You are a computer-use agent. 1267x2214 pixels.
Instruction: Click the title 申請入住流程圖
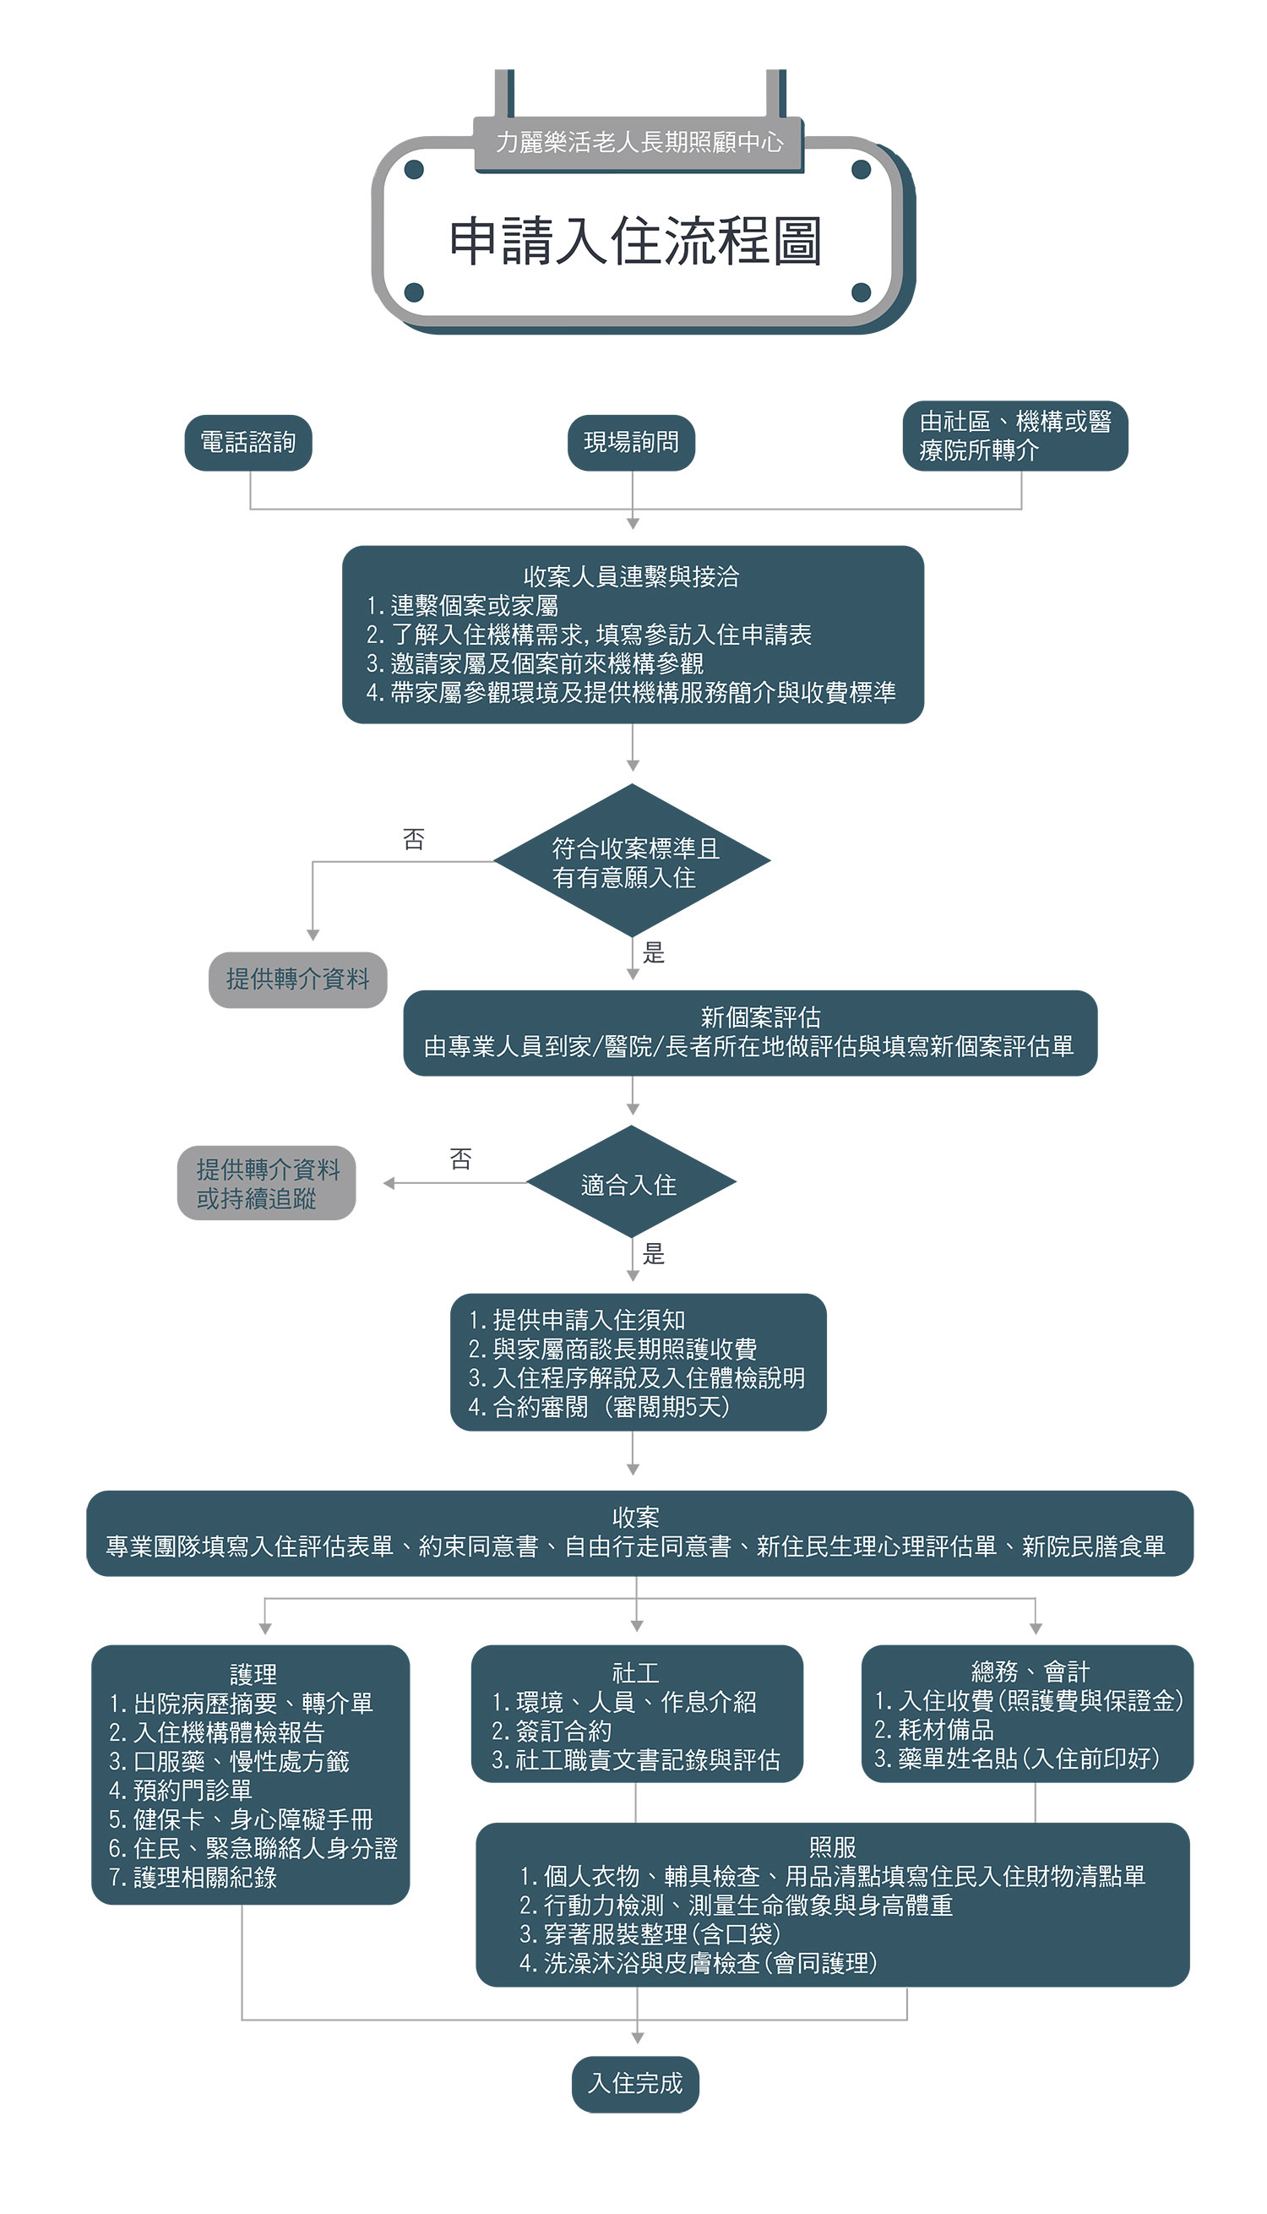coord(635,240)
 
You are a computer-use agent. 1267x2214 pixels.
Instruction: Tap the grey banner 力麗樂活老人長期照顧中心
coord(639,142)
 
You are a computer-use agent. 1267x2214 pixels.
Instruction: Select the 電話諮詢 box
coord(248,443)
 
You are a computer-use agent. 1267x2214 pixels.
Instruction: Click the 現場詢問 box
coord(632,443)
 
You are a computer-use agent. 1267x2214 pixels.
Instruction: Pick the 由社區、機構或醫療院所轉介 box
coord(1014,436)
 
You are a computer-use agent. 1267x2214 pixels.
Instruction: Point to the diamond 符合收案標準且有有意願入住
coord(633,862)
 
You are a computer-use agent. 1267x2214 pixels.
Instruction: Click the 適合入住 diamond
coord(632,1184)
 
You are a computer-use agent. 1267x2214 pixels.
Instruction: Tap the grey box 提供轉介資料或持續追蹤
coord(267,1184)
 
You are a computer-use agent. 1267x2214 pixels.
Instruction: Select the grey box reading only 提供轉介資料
coord(297,980)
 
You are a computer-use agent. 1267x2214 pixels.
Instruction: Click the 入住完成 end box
coord(635,2084)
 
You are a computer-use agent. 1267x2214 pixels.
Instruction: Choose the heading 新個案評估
coord(760,1017)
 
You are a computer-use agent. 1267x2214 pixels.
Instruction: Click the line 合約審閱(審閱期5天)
coord(599,1407)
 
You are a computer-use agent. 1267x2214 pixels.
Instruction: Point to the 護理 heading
coord(253,1673)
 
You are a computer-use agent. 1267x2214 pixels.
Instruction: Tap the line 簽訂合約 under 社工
coord(552,1731)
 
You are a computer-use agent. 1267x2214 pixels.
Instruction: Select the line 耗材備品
coord(934,1730)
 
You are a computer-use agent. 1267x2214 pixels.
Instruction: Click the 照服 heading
coord(833,1846)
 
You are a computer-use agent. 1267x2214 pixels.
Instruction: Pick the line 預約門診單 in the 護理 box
coord(181,1790)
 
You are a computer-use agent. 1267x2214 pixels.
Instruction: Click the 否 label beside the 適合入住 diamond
coord(460,1159)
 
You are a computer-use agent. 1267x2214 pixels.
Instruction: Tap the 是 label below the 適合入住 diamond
coord(654,1254)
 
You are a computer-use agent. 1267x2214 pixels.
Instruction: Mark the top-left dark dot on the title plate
coord(414,170)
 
